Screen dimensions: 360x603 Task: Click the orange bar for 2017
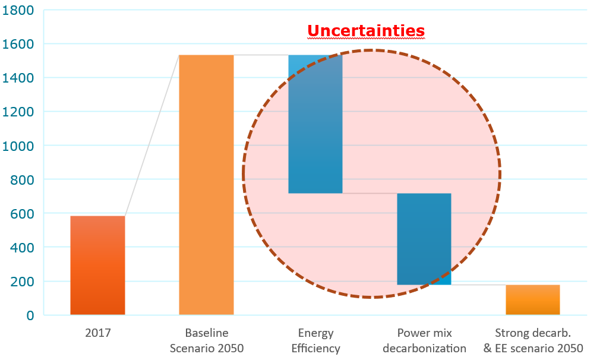tap(97, 265)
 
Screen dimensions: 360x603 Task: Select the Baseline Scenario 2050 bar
tap(206, 184)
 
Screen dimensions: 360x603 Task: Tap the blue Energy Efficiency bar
tap(315, 124)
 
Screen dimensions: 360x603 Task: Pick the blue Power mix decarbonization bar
tap(424, 239)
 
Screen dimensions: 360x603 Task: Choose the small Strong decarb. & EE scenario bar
tap(532, 300)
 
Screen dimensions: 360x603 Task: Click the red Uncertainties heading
tap(366, 31)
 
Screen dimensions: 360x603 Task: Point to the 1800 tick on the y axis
tap(19, 10)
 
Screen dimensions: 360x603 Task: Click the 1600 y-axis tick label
tap(19, 44)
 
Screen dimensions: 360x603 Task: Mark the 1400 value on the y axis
tap(19, 78)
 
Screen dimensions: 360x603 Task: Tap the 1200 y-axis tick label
tap(19, 112)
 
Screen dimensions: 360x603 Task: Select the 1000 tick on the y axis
tap(19, 146)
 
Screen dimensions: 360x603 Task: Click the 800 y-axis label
tap(22, 179)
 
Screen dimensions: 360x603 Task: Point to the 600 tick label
tap(22, 213)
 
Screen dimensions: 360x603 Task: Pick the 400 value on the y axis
tap(22, 247)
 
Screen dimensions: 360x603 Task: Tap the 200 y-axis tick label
tap(22, 281)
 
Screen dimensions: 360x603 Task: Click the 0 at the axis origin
tap(29, 315)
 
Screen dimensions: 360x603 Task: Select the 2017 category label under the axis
tap(97, 333)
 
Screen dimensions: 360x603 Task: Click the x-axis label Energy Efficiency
tap(315, 340)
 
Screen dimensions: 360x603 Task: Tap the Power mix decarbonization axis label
tap(424, 340)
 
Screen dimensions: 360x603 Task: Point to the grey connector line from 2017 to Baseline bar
tap(152, 135)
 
